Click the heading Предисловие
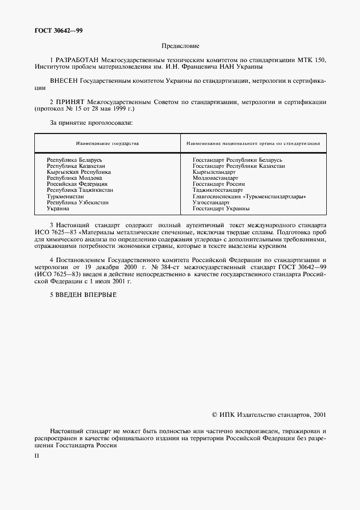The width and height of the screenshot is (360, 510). tap(180, 46)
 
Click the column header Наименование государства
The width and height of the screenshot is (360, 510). tap(107, 143)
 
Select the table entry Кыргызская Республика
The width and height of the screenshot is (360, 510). tap(78, 172)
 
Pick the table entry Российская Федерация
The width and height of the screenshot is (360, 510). tap(77, 184)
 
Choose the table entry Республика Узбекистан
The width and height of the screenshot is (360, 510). tap(77, 202)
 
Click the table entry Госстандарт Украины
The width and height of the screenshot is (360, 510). tap(221, 208)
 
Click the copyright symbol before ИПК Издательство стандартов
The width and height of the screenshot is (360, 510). tap(214, 415)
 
